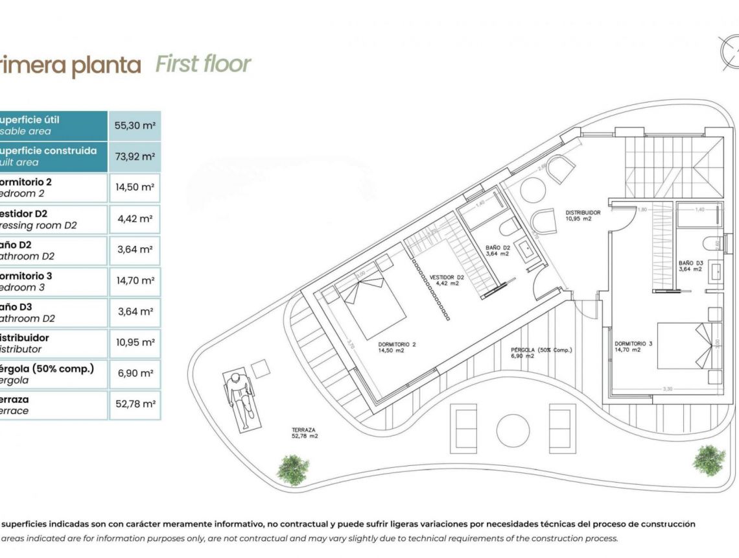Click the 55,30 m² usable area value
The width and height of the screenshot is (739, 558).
coord(135,126)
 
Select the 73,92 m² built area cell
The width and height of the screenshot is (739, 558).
coord(135,157)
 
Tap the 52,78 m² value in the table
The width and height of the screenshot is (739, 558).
coord(135,404)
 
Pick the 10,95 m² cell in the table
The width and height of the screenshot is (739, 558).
coord(135,342)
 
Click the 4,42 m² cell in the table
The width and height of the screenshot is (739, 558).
coord(135,219)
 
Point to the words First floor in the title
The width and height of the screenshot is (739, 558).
coord(203,65)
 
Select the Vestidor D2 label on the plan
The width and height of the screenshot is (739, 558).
coord(447,280)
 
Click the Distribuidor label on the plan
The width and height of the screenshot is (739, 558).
coord(583,215)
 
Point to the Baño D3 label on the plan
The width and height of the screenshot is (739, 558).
coord(691,265)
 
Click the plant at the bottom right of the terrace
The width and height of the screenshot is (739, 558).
coord(709,459)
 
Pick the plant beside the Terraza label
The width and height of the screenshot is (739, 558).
coord(293,468)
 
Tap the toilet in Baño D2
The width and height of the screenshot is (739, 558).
coord(510,228)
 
